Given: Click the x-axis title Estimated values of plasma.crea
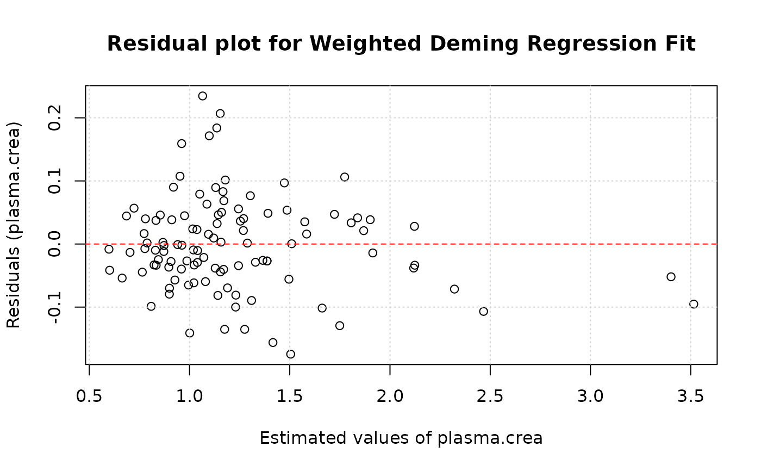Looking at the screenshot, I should (x=401, y=438).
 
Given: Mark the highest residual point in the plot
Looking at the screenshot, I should (x=203, y=96).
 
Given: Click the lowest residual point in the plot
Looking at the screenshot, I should (x=291, y=354).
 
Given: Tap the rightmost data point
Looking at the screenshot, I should (x=694, y=304).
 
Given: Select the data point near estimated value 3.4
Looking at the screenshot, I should (x=671, y=277).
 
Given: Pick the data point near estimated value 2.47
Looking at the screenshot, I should (x=484, y=311).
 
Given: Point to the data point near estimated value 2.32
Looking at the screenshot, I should (x=454, y=289).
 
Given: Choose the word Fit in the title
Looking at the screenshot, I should (x=682, y=44).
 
